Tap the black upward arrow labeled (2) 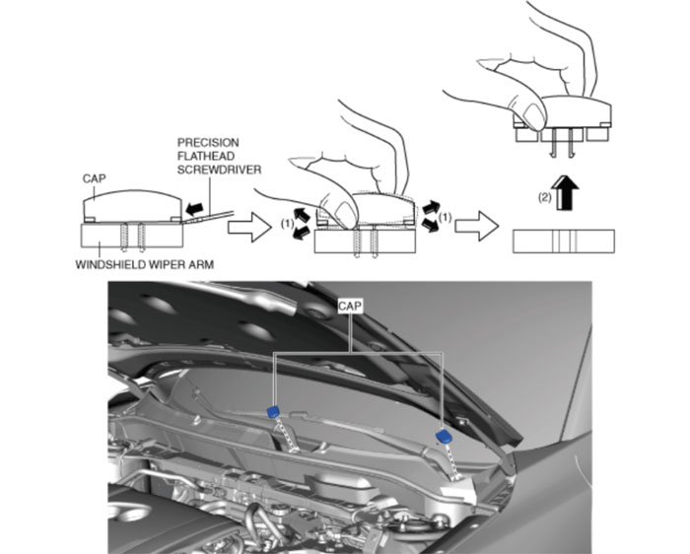point(565,188)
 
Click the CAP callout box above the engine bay point(352,308)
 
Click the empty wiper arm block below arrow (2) point(564,241)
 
